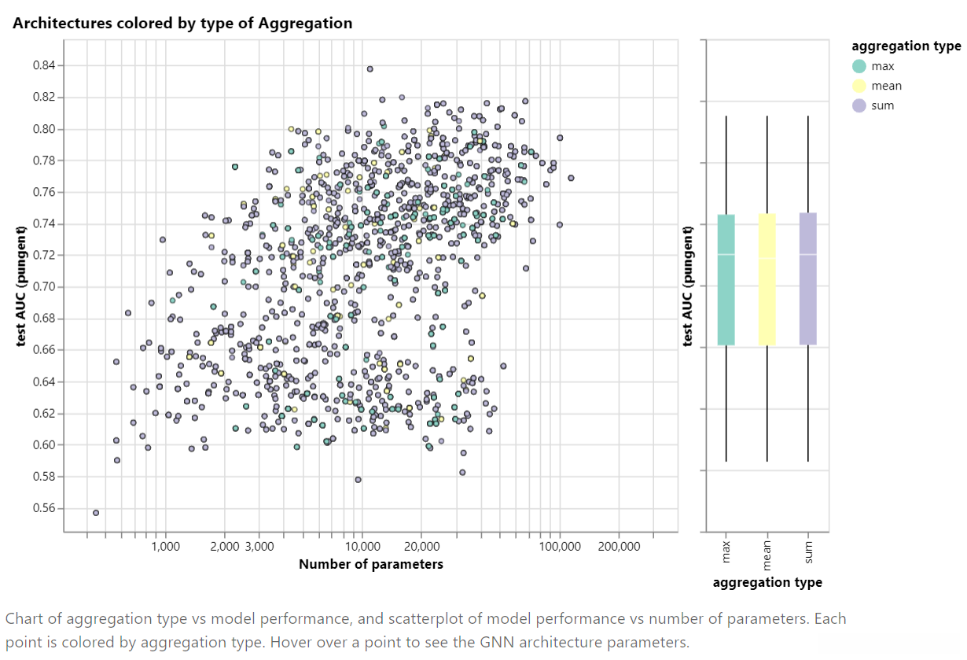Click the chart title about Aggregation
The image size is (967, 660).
click(182, 24)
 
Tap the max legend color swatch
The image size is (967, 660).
click(859, 66)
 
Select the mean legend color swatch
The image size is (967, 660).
click(859, 86)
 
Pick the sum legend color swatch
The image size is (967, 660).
click(859, 105)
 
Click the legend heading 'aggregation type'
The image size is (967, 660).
click(906, 46)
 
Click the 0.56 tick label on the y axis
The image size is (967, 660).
click(45, 508)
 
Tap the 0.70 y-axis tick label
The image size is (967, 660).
click(45, 286)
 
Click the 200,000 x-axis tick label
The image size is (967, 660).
click(619, 546)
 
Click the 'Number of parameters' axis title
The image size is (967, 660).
click(370, 564)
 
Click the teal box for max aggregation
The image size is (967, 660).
click(726, 279)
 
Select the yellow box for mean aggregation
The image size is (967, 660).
click(767, 279)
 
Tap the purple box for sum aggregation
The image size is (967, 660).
click(808, 279)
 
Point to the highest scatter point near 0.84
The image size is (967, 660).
click(370, 69)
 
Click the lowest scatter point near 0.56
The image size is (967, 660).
click(96, 513)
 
